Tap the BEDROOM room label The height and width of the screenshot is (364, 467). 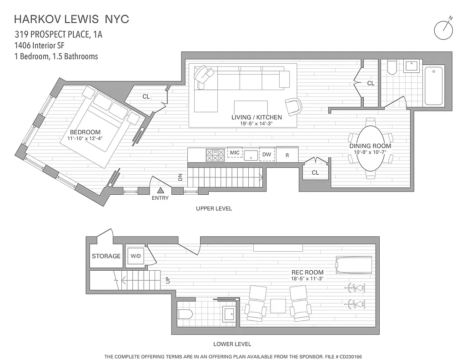click(85, 132)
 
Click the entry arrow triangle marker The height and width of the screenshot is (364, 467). click(161, 191)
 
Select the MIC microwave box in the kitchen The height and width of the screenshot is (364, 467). click(235, 153)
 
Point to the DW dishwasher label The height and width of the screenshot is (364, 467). click(267, 155)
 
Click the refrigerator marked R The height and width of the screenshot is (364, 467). click(287, 155)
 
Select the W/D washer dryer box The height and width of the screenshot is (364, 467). click(136, 256)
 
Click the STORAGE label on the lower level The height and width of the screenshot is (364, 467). click(106, 256)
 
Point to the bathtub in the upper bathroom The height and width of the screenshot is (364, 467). click(434, 86)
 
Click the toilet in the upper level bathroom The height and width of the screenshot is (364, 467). click(392, 68)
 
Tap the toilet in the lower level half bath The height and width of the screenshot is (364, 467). click(186, 314)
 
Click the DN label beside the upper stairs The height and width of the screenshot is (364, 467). click(180, 178)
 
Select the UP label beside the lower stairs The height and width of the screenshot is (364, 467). click(168, 281)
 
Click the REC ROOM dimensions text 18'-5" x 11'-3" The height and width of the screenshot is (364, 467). click(307, 278)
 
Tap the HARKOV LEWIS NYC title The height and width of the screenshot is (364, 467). click(72, 19)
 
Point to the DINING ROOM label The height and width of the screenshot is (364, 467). click(370, 146)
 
